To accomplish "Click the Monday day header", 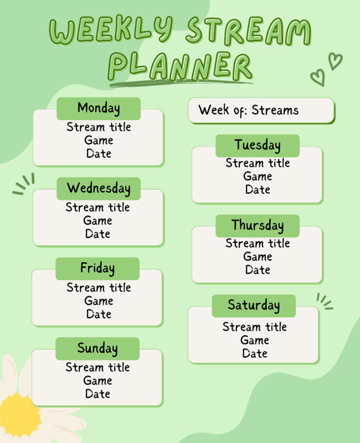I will click(99, 108).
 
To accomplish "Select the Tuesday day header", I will click(257, 146).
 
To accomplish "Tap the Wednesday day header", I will click(99, 189).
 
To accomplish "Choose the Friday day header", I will click(97, 268).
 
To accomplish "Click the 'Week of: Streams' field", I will click(261, 111).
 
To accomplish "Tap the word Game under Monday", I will click(99, 141).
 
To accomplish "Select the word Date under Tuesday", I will click(257, 190).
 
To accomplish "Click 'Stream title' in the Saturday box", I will click(255, 327).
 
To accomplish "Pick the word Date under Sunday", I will click(98, 394).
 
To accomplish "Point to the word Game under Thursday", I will click(257, 257).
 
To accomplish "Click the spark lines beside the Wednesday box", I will click(24, 184).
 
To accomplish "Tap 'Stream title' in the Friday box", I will click(99, 288).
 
